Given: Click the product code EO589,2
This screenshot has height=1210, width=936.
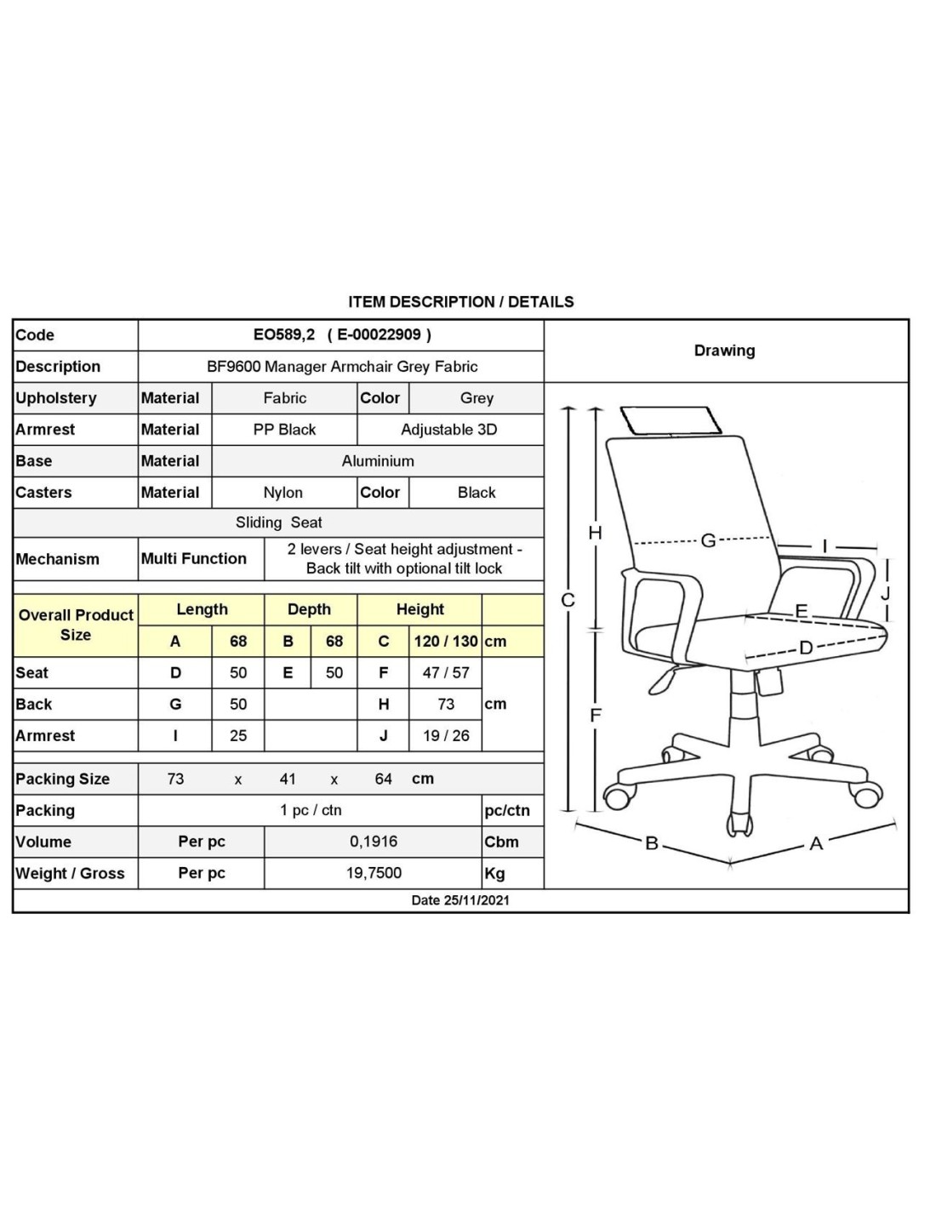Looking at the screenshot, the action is click(284, 334).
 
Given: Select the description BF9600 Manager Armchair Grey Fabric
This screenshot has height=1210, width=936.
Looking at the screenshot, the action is click(342, 366).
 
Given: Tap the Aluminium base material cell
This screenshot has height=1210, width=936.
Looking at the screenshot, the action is click(378, 460).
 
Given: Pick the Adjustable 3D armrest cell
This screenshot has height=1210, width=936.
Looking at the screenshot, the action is click(448, 430).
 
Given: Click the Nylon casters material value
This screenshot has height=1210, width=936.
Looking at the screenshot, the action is click(283, 492).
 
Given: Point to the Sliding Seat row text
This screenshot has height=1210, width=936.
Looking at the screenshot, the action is click(278, 522).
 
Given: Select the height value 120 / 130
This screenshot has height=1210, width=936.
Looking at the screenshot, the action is click(445, 641).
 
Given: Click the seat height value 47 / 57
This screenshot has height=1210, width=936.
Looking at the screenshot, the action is click(445, 673).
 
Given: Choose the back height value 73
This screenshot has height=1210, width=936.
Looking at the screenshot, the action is click(445, 704).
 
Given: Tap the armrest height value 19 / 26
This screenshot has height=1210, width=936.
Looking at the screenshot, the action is click(445, 735).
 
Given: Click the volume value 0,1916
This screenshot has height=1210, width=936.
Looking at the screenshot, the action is click(373, 841).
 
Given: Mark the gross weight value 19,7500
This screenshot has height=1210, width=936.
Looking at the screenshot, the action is click(373, 872).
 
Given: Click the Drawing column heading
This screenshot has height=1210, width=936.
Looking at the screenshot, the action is click(724, 351).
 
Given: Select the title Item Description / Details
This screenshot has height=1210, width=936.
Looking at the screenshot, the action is click(460, 302).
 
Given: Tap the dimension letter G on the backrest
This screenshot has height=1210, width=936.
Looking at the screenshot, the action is click(708, 540).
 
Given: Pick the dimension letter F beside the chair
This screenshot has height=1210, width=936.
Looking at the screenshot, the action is click(596, 715).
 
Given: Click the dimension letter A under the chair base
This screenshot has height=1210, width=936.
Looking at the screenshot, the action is click(816, 843).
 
